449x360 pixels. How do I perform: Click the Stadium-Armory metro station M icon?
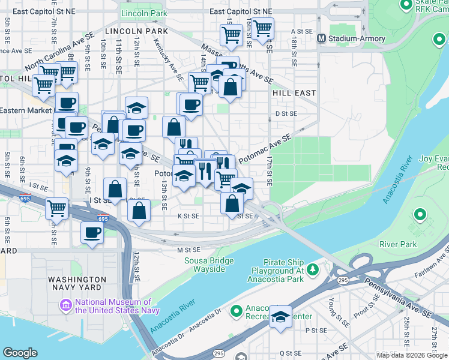click(x=321, y=38)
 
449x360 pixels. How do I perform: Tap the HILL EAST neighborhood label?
click(x=294, y=93)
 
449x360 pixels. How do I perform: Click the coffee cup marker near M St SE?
click(x=92, y=233)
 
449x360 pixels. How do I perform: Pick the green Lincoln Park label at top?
click(x=143, y=13)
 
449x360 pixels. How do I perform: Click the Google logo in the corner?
click(x=20, y=353)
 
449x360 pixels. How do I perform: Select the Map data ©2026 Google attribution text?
click(x=412, y=355)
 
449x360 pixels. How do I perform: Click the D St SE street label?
click(x=286, y=113)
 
